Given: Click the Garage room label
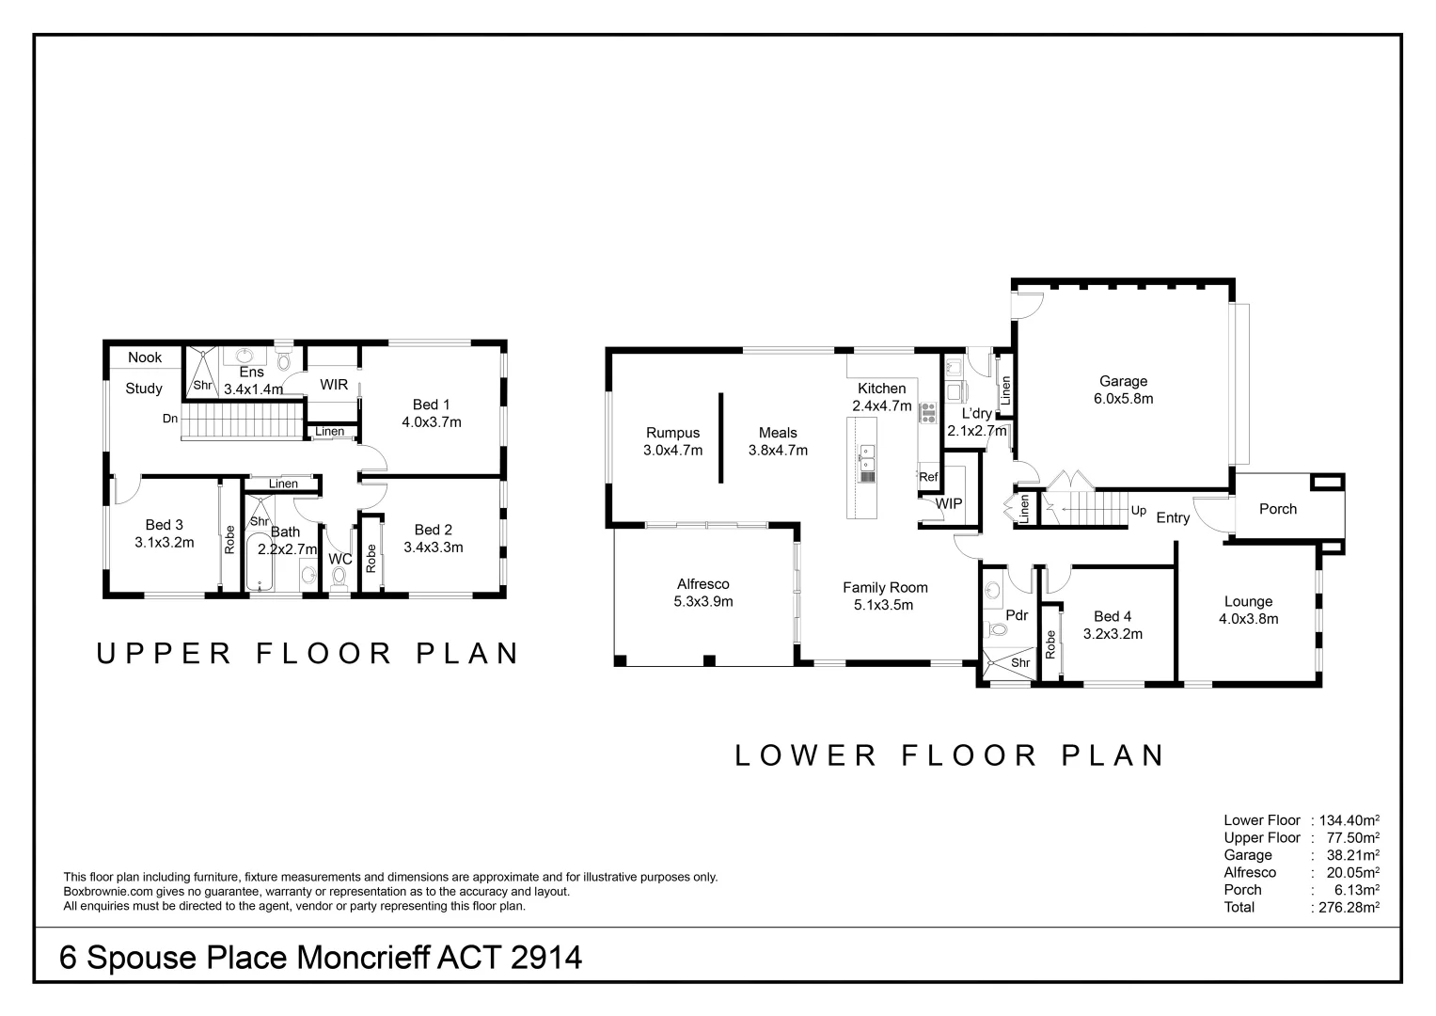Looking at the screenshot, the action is (1123, 381).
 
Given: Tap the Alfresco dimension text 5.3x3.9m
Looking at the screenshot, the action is (702, 601).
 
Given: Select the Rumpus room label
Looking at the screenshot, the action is (672, 433).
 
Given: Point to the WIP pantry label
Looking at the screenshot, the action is (949, 503).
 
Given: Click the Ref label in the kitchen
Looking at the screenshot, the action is (928, 477).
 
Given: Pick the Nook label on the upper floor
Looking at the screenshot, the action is (145, 357).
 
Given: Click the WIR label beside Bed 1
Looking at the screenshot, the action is (334, 385).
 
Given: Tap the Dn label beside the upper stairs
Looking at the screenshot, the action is (170, 419).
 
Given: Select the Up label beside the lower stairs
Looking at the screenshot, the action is (1139, 511).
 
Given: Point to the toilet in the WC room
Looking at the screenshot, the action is (339, 576).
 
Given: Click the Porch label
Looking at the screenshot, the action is (1277, 509).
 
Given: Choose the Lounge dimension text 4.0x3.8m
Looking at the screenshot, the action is (1248, 619).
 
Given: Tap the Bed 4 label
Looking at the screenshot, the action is (1113, 617).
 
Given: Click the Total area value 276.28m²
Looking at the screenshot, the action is (1348, 907).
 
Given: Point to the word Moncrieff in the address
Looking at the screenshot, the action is (363, 958).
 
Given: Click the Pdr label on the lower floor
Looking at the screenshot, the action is (1016, 615).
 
